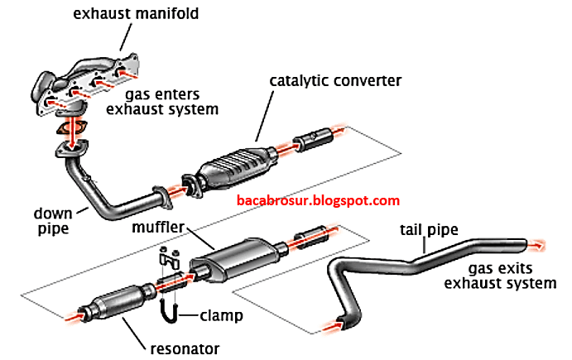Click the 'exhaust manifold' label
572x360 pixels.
(x=136, y=14)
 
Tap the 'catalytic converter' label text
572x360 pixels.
(x=335, y=80)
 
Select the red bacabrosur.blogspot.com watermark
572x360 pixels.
(x=318, y=200)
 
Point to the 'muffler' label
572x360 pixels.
(x=158, y=227)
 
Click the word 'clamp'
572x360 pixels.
(x=221, y=315)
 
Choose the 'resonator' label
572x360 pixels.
(x=185, y=349)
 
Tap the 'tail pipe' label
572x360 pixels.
(x=429, y=230)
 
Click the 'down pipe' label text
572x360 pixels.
(x=53, y=221)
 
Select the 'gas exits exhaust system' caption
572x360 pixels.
(x=500, y=276)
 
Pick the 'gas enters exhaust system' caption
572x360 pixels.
(x=162, y=102)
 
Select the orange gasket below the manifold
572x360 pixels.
(x=72, y=127)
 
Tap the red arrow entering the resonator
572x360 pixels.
(x=75, y=316)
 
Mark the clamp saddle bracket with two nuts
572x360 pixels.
(x=170, y=258)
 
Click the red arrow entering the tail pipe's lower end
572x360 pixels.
(x=334, y=326)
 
